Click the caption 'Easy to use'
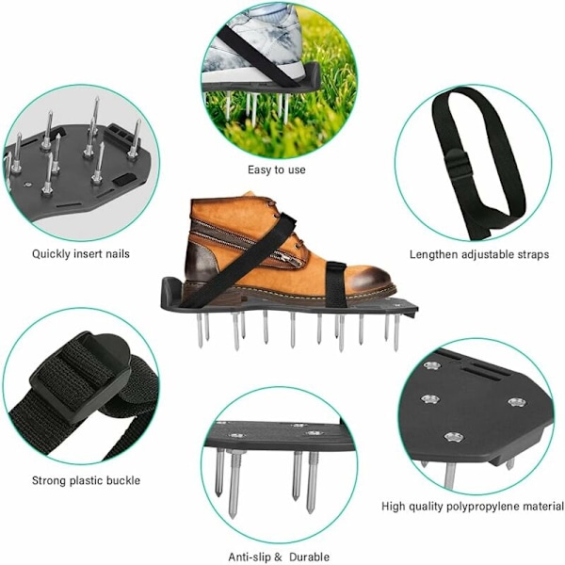point(276,169)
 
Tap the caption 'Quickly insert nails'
point(81,253)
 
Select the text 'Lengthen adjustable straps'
point(479,254)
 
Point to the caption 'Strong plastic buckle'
point(86,480)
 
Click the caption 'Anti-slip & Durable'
point(279,557)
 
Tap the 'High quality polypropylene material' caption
point(473,507)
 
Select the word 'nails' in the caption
point(118,253)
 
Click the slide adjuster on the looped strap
point(456,163)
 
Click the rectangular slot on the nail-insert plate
point(125,179)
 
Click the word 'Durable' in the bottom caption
point(310,557)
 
